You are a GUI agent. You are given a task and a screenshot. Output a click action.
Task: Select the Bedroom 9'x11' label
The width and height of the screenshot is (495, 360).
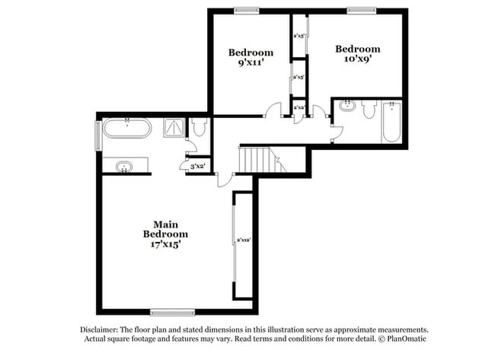tap(251, 59)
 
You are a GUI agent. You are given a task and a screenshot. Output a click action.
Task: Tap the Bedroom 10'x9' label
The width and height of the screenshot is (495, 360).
tap(357, 55)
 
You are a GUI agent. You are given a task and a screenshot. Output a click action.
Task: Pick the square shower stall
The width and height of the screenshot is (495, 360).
tap(174, 129)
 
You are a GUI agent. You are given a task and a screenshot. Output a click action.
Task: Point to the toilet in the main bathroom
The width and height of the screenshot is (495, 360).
tap(198, 129)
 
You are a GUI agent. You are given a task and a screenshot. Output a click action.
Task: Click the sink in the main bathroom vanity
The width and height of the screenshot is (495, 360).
tap(125, 166)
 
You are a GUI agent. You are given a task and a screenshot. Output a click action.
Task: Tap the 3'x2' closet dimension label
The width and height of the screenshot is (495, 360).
tap(198, 165)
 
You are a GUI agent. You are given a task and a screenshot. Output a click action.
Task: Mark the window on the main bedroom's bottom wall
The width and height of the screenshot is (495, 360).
tap(173, 311)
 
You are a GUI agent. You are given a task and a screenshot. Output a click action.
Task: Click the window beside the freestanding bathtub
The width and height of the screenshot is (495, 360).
tap(97, 135)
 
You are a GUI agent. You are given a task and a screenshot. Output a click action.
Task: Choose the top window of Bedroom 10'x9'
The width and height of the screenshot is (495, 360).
tap(362, 10)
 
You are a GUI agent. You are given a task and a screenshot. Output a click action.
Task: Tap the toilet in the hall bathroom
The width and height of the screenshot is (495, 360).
tap(369, 110)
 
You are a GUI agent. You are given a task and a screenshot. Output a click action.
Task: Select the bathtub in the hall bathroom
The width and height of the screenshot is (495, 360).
tap(391, 123)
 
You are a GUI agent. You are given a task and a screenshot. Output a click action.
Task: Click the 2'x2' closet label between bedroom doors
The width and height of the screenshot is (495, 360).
tap(299, 108)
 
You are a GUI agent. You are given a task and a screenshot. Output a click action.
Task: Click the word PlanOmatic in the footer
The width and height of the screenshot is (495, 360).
tap(401, 339)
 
